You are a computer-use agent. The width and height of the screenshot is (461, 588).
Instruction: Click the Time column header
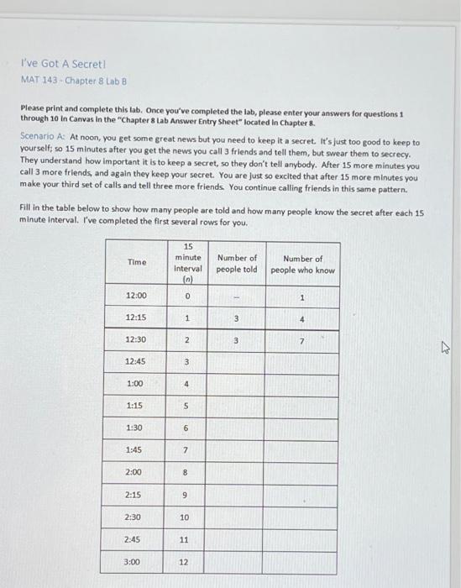click(x=136, y=262)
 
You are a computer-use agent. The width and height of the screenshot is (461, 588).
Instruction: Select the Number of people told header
click(x=237, y=264)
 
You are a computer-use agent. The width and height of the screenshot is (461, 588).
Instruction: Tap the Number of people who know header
click(x=302, y=264)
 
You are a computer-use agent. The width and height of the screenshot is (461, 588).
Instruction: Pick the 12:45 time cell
click(x=136, y=361)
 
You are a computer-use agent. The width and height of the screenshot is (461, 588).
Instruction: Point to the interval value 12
click(x=185, y=559)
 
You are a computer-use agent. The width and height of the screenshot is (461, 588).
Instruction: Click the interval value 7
click(x=186, y=449)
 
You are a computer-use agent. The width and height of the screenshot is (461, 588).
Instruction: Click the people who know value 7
click(x=302, y=340)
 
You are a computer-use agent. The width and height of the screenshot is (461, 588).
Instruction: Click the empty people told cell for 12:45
click(x=237, y=362)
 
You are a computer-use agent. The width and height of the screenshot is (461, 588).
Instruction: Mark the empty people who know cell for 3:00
click(x=302, y=559)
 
